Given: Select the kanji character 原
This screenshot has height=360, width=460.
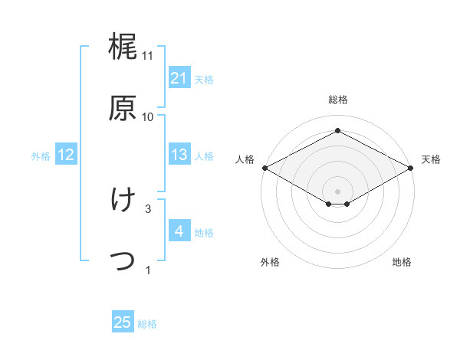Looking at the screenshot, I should click(x=123, y=107).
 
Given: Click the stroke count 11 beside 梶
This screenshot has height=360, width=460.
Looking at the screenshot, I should click(x=148, y=56).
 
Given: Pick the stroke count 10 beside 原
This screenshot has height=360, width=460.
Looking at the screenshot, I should click(x=148, y=116).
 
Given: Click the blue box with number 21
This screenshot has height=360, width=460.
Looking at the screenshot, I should click(x=179, y=78).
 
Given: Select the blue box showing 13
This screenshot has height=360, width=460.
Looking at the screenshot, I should click(x=179, y=155).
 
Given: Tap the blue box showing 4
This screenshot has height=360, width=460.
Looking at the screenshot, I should click(x=179, y=231).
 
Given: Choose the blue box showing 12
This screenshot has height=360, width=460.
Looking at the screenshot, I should click(x=65, y=155).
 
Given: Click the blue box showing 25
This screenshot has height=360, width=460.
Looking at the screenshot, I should click(x=123, y=322).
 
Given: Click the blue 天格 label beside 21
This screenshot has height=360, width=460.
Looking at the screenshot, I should click(x=204, y=79).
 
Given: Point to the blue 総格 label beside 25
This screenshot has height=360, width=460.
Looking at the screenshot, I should click(x=147, y=324).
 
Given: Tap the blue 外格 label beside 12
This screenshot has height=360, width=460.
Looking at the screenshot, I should click(x=41, y=155).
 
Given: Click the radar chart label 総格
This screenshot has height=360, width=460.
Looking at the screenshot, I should click(x=337, y=100).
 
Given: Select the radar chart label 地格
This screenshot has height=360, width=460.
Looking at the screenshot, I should click(x=402, y=262).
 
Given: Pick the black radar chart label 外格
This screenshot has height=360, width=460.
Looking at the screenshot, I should click(x=270, y=262).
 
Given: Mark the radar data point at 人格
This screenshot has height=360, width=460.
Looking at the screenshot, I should click(x=264, y=168).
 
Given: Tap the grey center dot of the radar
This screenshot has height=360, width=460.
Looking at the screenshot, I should click(x=337, y=191).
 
